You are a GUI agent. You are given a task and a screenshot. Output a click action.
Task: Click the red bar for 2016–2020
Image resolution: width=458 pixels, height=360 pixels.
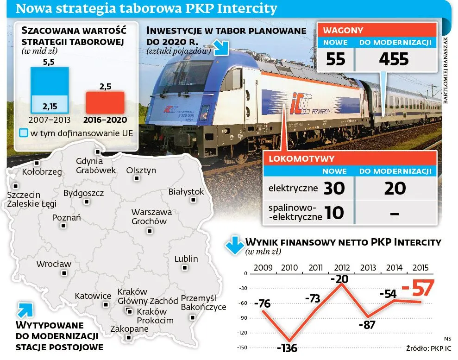point(105,102)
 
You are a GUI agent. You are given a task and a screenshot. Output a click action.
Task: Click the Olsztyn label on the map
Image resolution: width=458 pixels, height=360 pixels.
point(141,171)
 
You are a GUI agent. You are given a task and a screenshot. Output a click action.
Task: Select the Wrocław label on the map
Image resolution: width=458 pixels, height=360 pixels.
point(54,264)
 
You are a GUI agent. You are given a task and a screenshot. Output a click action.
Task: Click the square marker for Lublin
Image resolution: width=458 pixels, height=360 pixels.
point(185,268)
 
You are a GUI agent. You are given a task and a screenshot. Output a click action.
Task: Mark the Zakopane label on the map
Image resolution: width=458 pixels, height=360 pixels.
point(130,329)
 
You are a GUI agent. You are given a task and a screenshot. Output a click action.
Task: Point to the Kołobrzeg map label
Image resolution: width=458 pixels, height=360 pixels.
point(42,171)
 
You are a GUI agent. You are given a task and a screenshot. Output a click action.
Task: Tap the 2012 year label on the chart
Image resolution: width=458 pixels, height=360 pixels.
point(341,268)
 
